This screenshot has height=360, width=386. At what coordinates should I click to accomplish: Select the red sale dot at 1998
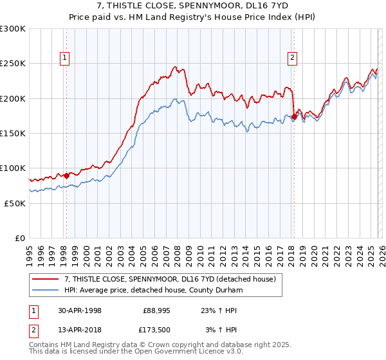(x=66, y=175)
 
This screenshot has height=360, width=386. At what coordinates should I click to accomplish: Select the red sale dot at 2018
(x=294, y=116)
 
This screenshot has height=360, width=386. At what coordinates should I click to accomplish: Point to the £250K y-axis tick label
(x=13, y=64)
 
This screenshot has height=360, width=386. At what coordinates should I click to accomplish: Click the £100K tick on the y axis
(x=13, y=168)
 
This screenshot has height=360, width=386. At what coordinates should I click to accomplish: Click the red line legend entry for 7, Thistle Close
(x=170, y=279)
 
